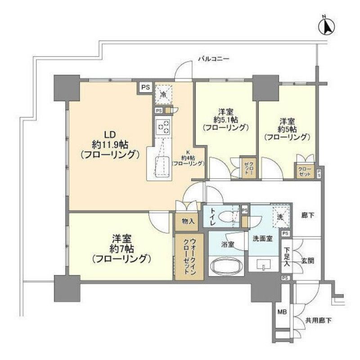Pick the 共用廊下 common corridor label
pyautogui.click(x=319, y=321)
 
